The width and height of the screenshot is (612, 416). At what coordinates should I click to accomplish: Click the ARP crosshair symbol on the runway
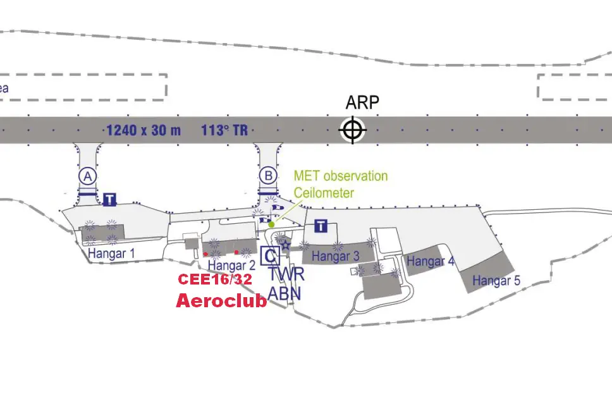[x=352, y=130]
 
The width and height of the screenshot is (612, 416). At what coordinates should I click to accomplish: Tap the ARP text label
[x=362, y=102]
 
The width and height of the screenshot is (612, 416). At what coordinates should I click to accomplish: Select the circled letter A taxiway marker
[x=88, y=176]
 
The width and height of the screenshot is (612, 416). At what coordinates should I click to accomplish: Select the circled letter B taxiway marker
[x=269, y=176]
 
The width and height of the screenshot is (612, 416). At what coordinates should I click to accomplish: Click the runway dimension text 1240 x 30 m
[x=144, y=130]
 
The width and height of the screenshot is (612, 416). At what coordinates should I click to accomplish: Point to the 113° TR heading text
[x=224, y=130]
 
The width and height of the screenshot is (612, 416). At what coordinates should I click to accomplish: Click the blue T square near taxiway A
[x=109, y=199]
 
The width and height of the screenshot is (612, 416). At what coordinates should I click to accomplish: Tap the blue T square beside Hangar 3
[x=321, y=226]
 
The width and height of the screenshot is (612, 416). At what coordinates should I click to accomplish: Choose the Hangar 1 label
[x=111, y=254]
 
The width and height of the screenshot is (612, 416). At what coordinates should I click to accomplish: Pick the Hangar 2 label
[x=231, y=266]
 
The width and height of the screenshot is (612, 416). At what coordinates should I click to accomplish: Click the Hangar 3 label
[x=336, y=257]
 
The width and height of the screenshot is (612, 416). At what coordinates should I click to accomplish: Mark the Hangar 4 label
[x=431, y=261]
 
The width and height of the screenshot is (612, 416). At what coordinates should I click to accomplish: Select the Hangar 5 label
[x=496, y=280]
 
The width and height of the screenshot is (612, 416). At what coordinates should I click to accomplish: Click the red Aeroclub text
[x=222, y=301]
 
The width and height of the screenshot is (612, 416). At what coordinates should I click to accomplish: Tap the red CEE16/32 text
[x=215, y=279]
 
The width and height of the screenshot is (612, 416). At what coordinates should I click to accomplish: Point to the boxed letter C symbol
[x=271, y=256]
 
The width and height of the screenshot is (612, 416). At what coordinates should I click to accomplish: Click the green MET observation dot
[x=272, y=224]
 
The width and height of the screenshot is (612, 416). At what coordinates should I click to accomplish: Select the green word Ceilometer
[x=324, y=193]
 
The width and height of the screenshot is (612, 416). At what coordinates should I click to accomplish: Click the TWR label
[x=286, y=274]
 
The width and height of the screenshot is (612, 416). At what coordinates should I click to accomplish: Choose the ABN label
[x=285, y=293]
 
